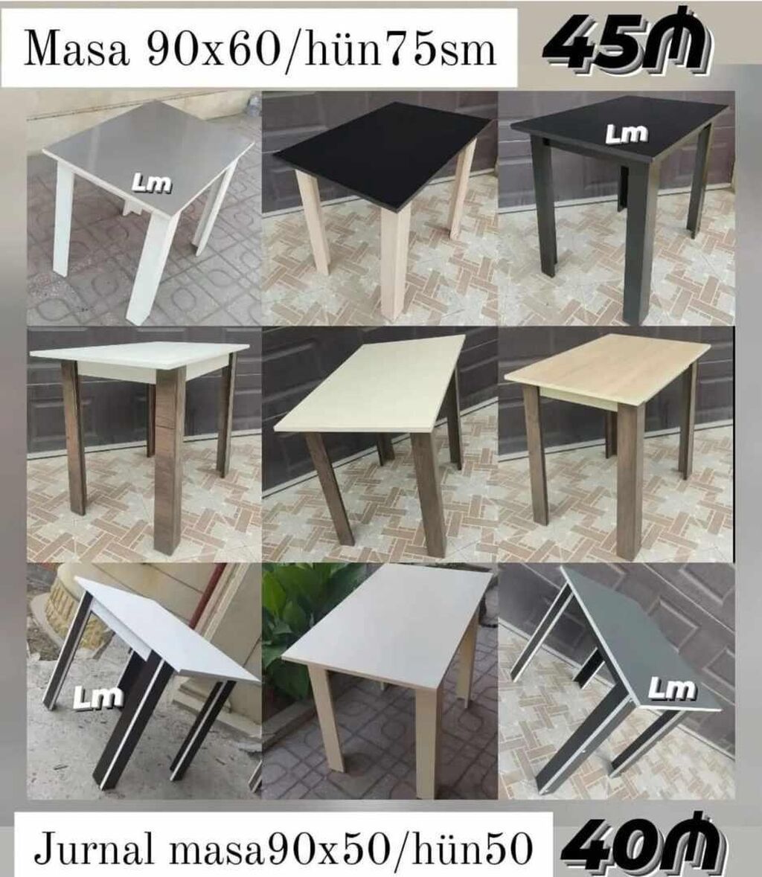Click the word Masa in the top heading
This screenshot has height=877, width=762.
point(77,49)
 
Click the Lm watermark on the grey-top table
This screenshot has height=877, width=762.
point(151,183)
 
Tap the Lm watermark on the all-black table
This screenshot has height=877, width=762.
point(627,133)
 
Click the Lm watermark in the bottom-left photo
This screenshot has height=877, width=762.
point(98,696)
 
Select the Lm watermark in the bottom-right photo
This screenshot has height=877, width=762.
point(673,689)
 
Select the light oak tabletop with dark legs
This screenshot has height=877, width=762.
point(607,367)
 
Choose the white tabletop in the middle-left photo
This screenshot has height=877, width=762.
point(138,356)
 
